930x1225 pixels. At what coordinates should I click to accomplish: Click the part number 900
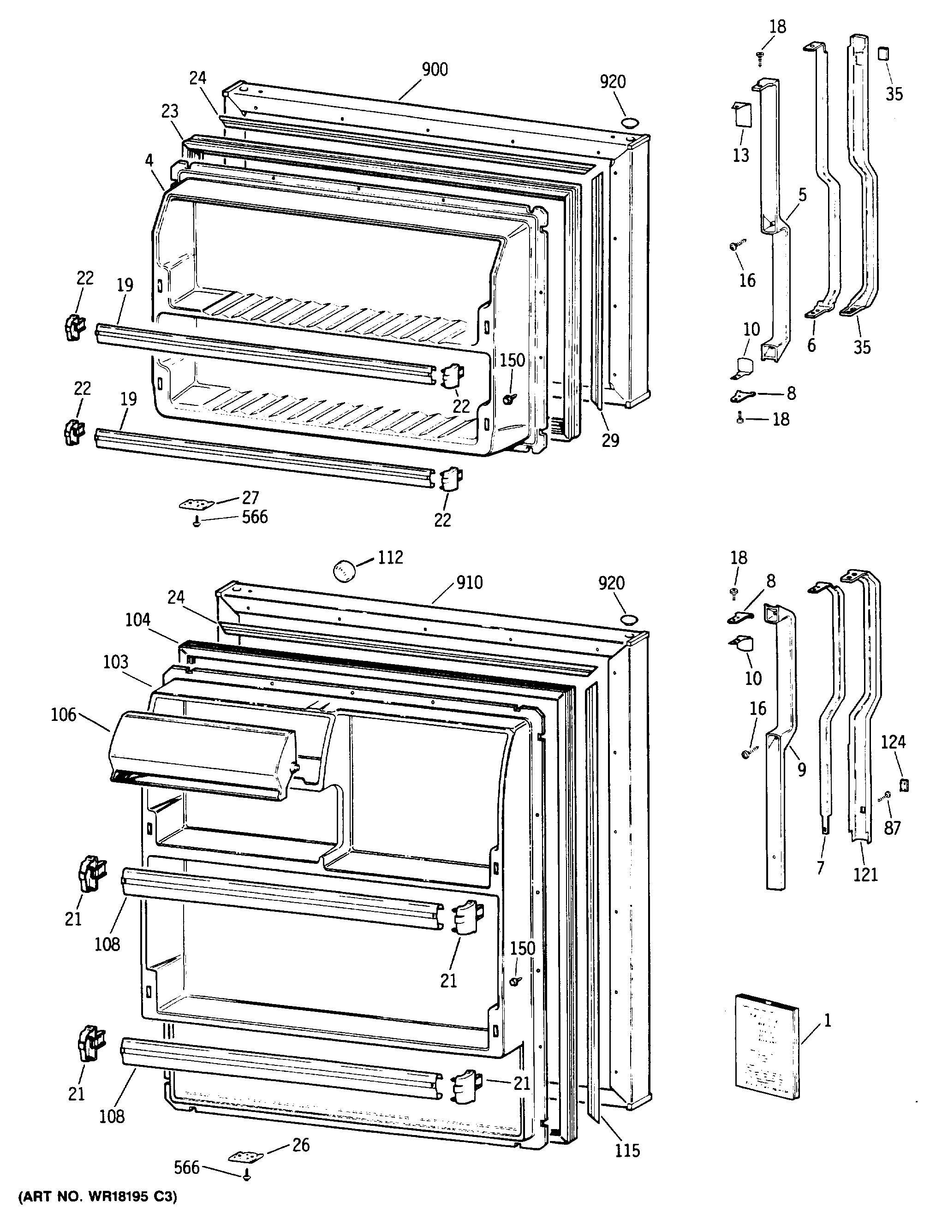point(435,70)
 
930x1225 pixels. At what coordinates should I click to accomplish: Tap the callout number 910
point(470,583)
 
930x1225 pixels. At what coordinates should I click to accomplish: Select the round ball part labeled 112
point(345,570)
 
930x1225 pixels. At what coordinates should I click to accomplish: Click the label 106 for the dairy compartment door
point(63,715)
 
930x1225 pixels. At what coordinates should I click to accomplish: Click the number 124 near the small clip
point(893,742)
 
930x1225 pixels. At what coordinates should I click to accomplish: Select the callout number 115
point(627,1150)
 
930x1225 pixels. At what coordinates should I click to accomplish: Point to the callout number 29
point(610,440)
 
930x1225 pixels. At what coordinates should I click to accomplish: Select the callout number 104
point(138,620)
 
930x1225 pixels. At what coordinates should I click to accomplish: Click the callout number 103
point(116,662)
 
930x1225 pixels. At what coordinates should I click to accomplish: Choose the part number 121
point(865,874)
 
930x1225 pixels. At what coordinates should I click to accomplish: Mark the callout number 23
point(170,111)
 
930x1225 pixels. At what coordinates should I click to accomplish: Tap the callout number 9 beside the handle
point(801,769)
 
